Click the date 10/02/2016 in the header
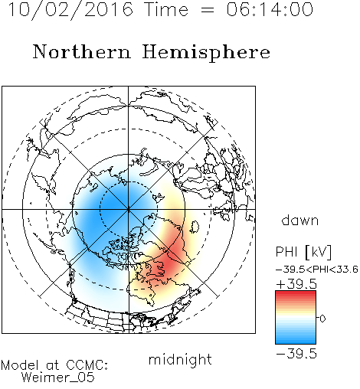point(70,9)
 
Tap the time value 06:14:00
point(270,9)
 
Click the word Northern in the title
point(82,51)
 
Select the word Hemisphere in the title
point(206,53)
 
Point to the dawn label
point(300,220)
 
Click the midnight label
point(180,360)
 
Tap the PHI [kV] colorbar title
point(303,252)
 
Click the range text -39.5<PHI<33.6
point(317,270)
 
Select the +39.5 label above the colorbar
point(296,284)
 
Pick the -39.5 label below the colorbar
point(296,354)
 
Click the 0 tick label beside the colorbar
point(322,319)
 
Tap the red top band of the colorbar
point(296,294)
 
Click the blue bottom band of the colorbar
point(296,341)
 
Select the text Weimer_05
point(57,378)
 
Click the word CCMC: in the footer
point(87,365)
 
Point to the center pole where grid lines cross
point(129,209)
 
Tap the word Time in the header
point(166,9)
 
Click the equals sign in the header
point(208,10)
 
